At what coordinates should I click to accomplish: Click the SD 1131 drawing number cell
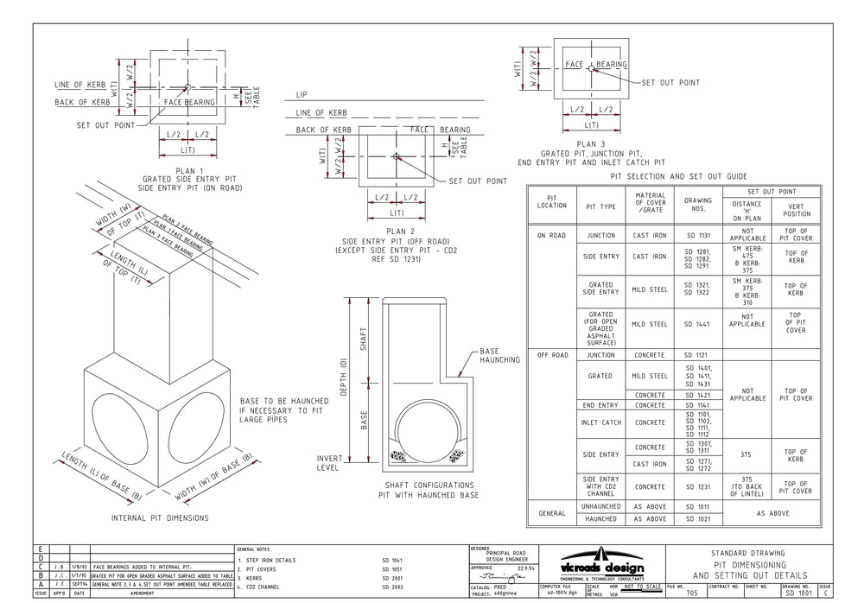pyautogui.click(x=697, y=235)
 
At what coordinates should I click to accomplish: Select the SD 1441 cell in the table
pyautogui.click(x=697, y=325)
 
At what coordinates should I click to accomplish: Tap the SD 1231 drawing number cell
pyautogui.click(x=697, y=487)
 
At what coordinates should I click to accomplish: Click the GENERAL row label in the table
pyautogui.click(x=551, y=512)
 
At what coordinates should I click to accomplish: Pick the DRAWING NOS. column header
pyautogui.click(x=697, y=205)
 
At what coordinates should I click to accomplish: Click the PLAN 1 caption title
pyautogui.click(x=189, y=171)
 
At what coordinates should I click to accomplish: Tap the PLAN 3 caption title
pyautogui.click(x=592, y=144)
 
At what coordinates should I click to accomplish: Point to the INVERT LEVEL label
pyautogui.click(x=331, y=462)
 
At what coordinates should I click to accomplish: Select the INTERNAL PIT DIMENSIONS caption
pyautogui.click(x=160, y=518)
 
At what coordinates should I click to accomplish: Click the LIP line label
pyautogui.click(x=301, y=94)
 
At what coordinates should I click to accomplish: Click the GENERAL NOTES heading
pyautogui.click(x=257, y=549)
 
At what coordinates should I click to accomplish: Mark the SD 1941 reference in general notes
pyautogui.click(x=392, y=560)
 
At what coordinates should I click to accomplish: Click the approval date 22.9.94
pyautogui.click(x=527, y=568)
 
